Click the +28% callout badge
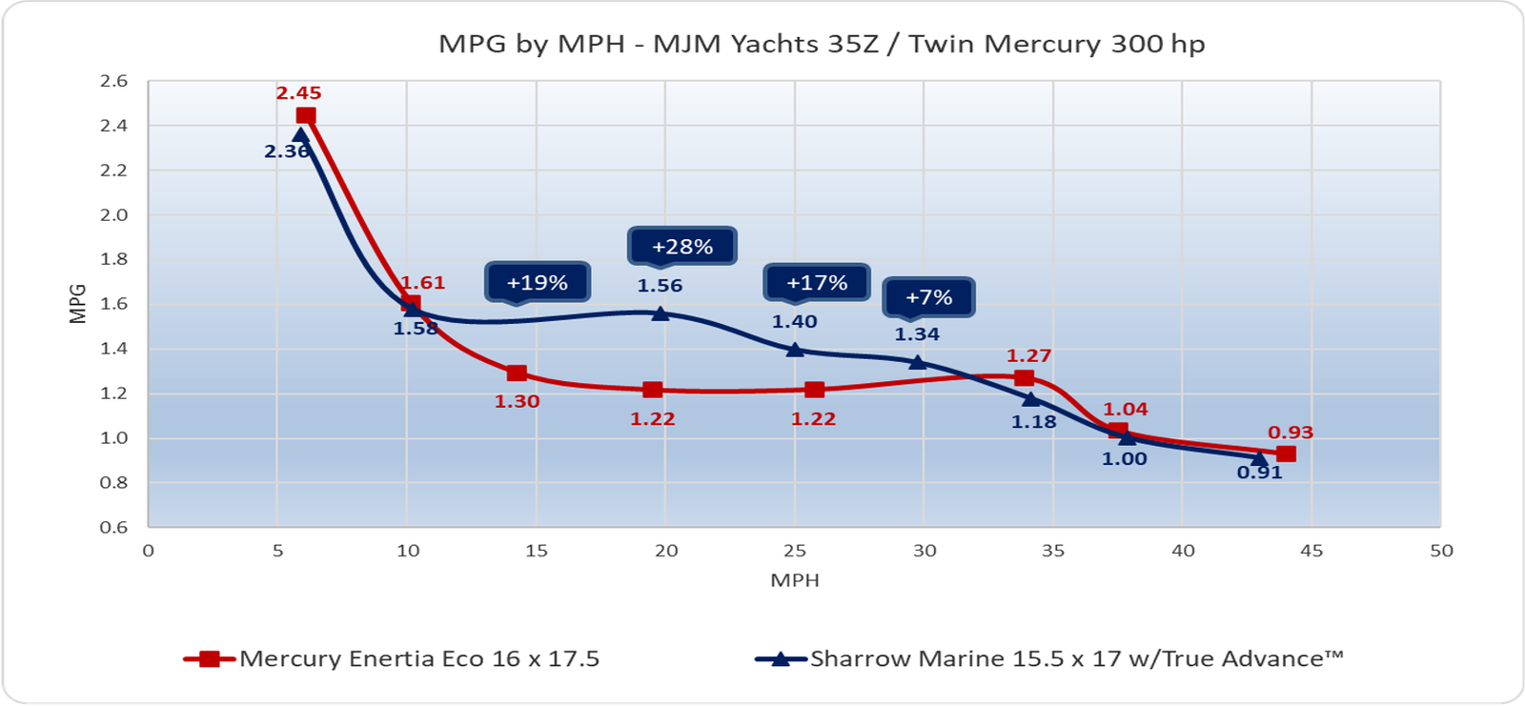(x=682, y=246)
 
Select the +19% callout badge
(x=538, y=282)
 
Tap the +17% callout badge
(x=817, y=282)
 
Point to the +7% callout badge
(x=928, y=296)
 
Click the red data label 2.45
(x=298, y=93)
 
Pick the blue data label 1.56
(x=660, y=286)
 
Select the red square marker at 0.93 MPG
(x=1286, y=454)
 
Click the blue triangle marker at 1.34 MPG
(x=918, y=362)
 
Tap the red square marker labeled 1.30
(x=517, y=373)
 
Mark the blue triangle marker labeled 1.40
(x=795, y=350)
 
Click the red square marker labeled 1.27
(x=1024, y=378)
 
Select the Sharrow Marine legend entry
(x=1049, y=658)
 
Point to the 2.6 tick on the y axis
(x=113, y=81)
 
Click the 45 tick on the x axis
(x=1311, y=551)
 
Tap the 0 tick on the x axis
(x=148, y=551)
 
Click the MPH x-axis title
(x=795, y=580)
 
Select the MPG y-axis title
(x=78, y=304)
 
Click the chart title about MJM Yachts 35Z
(x=821, y=44)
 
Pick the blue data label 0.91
(x=1259, y=473)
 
